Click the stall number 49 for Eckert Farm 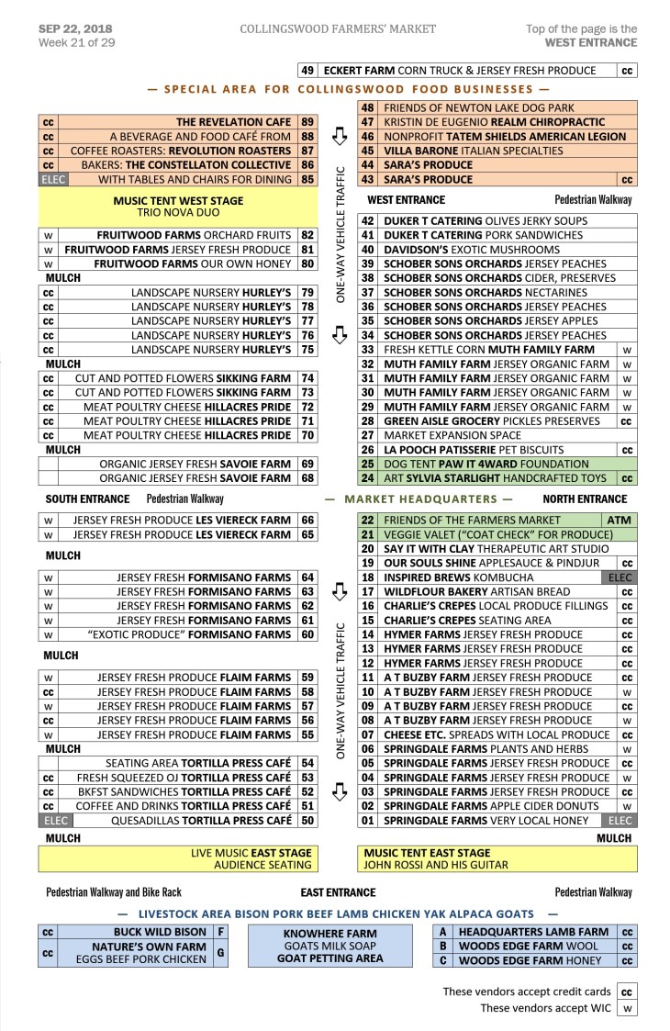pyautogui.click(x=308, y=70)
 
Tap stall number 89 pyautogui.click(x=307, y=122)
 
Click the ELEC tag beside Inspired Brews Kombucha pyautogui.click(x=620, y=577)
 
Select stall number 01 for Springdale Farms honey pyautogui.click(x=368, y=821)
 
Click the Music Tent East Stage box pyautogui.click(x=497, y=858)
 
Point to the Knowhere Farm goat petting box pyautogui.click(x=330, y=946)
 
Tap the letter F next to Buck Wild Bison pyautogui.click(x=220, y=932)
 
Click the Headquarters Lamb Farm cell pyautogui.click(x=534, y=932)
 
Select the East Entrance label pyautogui.click(x=338, y=892)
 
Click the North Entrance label pyautogui.click(x=585, y=499)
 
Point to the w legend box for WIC pyautogui.click(x=626, y=1009)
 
